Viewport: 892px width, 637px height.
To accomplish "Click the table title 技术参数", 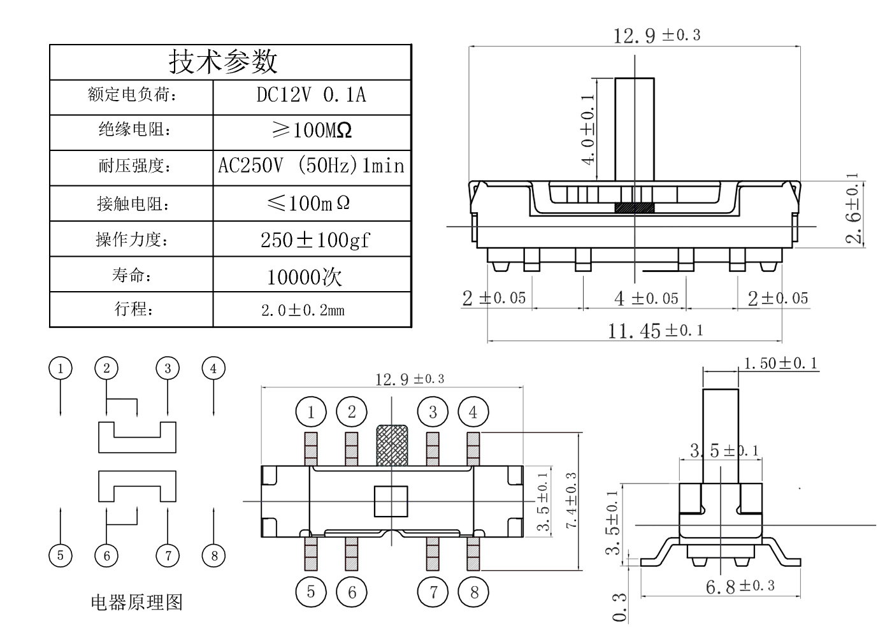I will click(223, 62).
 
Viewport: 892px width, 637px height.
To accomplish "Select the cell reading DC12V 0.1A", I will click(311, 96).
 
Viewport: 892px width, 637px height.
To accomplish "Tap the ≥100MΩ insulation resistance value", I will click(311, 131).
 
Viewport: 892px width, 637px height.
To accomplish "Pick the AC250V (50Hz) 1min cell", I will click(311, 166).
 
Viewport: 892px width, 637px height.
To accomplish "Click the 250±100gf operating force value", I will click(315, 240).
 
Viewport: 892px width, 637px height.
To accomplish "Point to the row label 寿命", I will click(132, 275).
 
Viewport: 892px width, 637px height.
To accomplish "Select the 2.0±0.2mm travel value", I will click(303, 310).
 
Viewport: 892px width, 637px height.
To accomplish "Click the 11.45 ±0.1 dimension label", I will click(655, 330).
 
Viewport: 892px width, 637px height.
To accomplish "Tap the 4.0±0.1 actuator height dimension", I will click(589, 129).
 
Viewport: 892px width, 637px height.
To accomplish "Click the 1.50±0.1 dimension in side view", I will click(780, 364).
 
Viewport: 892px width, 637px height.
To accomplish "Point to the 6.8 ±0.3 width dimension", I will click(739, 585).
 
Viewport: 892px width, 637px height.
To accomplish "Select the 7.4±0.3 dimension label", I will click(572, 500).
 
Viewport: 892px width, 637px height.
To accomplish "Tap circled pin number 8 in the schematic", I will click(214, 555).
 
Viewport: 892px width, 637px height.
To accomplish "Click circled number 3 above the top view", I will click(433, 412).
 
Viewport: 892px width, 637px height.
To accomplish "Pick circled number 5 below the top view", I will click(311, 592).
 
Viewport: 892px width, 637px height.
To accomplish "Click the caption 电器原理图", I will click(136, 602).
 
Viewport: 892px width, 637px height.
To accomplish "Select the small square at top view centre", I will click(391, 501).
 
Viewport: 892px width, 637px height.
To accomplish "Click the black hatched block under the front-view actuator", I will click(635, 208).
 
